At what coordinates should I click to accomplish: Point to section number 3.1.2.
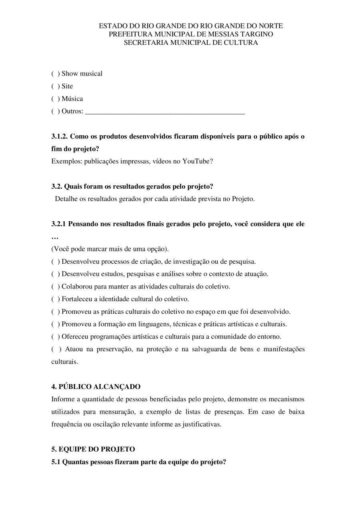[x=60, y=136]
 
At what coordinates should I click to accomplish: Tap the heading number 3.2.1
[x=59, y=224]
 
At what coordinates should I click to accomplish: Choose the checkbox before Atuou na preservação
[x=56, y=349]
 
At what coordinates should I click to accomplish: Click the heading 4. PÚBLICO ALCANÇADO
[x=96, y=387]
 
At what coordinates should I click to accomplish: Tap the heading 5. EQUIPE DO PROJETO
[x=93, y=449]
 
